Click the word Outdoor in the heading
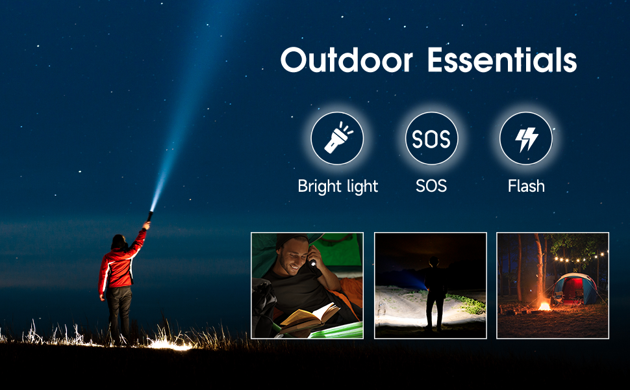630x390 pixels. pyautogui.click(x=347, y=60)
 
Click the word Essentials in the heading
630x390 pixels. pyautogui.click(x=502, y=60)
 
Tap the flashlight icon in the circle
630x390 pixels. pyautogui.click(x=337, y=138)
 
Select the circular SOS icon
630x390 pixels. pyautogui.click(x=431, y=138)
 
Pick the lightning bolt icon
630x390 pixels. pyautogui.click(x=526, y=138)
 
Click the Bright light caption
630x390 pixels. pyautogui.click(x=338, y=186)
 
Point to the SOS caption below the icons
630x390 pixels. pyautogui.click(x=431, y=186)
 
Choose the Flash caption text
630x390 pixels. pyautogui.click(x=526, y=186)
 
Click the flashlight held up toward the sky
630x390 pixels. pyautogui.click(x=149, y=217)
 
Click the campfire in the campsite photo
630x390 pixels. pyautogui.click(x=544, y=306)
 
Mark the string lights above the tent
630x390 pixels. pyautogui.click(x=581, y=258)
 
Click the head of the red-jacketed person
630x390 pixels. pyautogui.click(x=118, y=242)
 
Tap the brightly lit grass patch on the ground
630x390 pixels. pyautogui.click(x=169, y=344)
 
